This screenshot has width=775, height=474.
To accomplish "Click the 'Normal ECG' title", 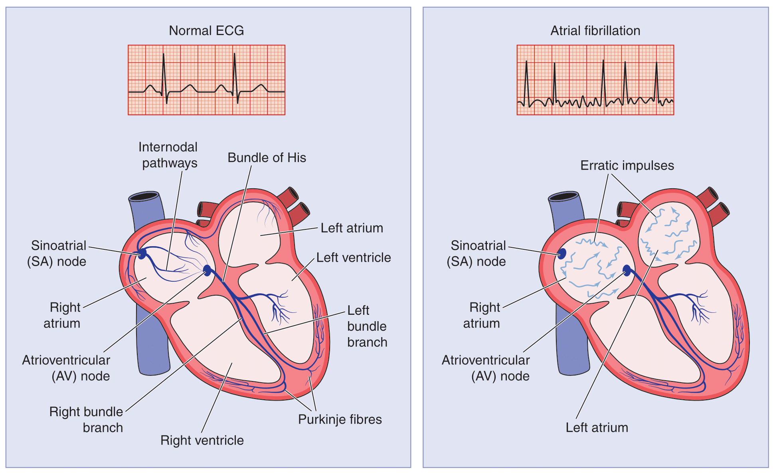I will pos(206,31).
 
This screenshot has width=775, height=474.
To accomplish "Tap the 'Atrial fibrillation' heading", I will pos(595,31).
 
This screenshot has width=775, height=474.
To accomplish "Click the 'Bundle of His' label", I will pos(267,158).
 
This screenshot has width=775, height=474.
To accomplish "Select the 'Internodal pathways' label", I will pos(168,155).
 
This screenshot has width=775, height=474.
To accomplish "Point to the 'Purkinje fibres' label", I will pos(340,419).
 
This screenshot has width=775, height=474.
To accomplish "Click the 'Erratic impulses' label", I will pos(627,166).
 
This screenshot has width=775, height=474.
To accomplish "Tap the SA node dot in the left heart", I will pos(142,254).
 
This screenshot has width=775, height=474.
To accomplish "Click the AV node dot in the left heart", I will pos(207,271).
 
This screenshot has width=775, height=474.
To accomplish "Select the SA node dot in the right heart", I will pos(562,254).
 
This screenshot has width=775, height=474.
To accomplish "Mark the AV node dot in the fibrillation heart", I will pos(627,271).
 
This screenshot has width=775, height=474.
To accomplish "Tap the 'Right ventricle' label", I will pos(202,440).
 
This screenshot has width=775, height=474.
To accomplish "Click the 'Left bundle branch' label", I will pos(367,326).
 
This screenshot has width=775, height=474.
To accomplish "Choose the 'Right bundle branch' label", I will pos(86,420).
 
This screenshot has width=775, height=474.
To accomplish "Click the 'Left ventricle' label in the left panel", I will pos(353,258).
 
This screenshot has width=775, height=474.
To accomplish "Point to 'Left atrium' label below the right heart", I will pos(597,428).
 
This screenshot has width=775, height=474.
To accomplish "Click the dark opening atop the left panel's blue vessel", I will pos(144,196).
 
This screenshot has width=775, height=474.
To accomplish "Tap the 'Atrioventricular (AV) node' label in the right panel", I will pos(486,368).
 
